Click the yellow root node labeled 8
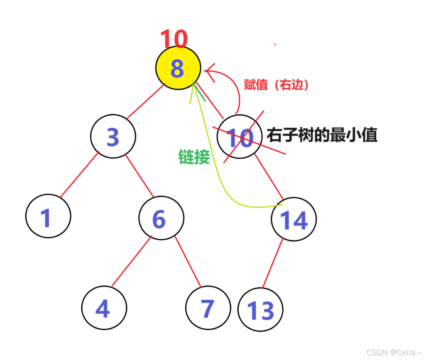(x=178, y=68)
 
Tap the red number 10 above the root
(x=173, y=40)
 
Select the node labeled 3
(x=113, y=137)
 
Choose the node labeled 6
(x=161, y=218)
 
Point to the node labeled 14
(x=293, y=219)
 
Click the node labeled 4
(x=104, y=308)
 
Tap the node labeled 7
(x=207, y=308)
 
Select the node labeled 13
(x=260, y=310)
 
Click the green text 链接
(x=194, y=157)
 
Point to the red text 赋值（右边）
(x=277, y=85)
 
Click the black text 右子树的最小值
(x=322, y=135)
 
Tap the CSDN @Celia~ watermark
(x=394, y=352)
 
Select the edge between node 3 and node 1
(x=79, y=175)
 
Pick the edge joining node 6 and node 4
(x=131, y=262)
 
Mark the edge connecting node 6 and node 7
(x=188, y=262)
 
